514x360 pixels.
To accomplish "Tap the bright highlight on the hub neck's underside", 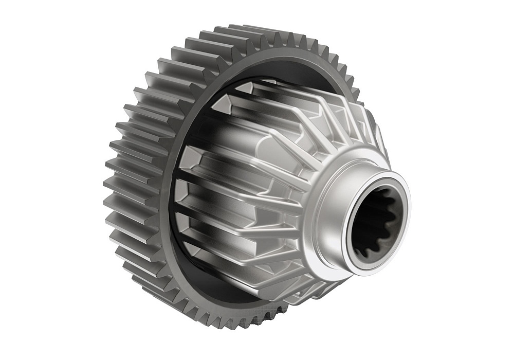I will coord(334,257).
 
